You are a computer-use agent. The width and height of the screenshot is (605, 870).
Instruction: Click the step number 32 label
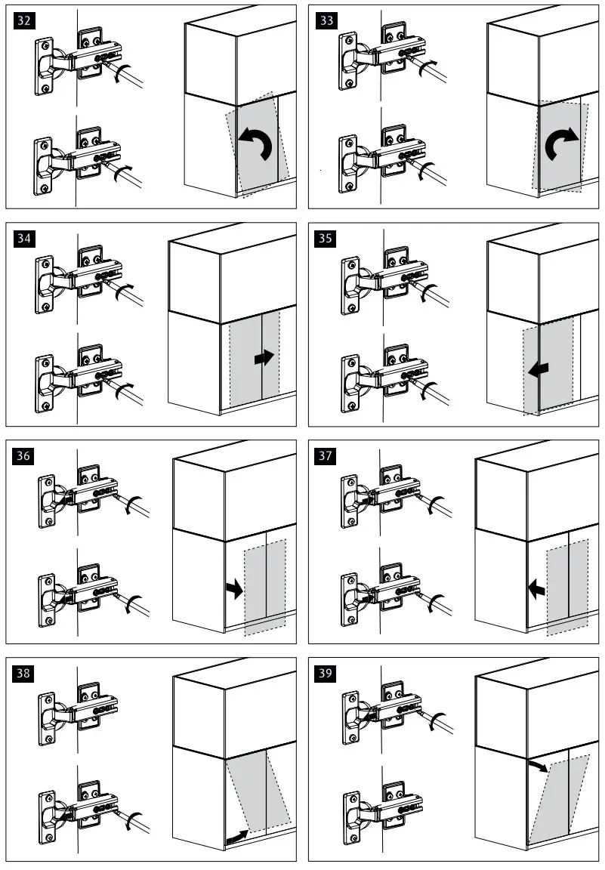click(24, 21)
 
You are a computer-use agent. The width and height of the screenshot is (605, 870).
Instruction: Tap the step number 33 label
click(326, 21)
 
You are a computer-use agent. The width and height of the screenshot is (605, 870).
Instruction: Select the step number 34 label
click(24, 239)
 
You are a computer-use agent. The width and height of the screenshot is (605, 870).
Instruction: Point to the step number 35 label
click(326, 239)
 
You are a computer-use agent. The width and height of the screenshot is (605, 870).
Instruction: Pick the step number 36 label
click(24, 456)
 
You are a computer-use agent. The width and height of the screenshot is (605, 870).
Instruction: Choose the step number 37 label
click(326, 456)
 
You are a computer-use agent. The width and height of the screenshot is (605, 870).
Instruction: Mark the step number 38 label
click(24, 674)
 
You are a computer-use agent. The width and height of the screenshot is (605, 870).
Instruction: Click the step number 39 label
click(326, 674)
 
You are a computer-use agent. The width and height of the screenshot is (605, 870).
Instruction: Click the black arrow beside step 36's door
click(235, 589)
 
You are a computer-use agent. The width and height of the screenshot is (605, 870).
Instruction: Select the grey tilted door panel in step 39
click(559, 801)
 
